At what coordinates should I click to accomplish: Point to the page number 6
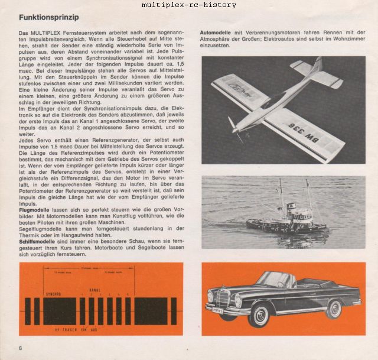pyautogui.click(x=21, y=346)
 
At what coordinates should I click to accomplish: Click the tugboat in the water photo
pyautogui.click(x=278, y=213)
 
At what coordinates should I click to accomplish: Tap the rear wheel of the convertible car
pyautogui.click(x=334, y=309)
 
